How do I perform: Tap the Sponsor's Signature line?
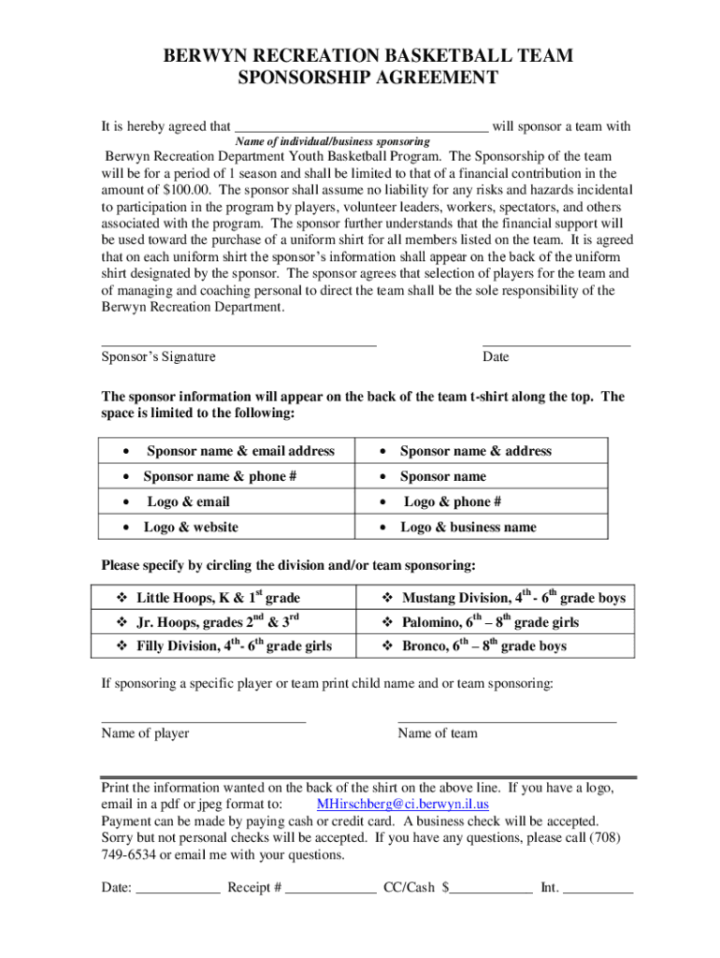(238, 345)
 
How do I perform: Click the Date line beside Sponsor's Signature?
(555, 345)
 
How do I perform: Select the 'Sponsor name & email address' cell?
(239, 451)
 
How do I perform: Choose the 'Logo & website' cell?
(191, 527)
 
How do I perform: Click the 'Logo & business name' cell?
(468, 527)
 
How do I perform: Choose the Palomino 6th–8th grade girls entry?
(490, 622)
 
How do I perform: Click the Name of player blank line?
(203, 721)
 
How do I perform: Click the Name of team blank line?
(507, 721)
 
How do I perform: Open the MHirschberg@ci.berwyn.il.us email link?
(403, 805)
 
